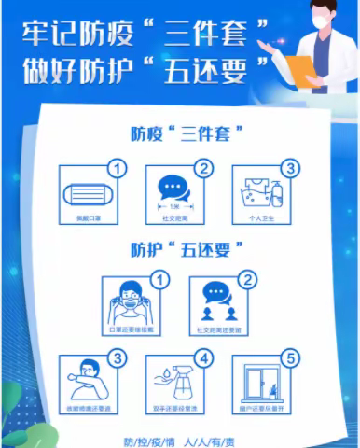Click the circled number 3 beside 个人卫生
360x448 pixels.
[x=290, y=169]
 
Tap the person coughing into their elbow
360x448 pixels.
[x=90, y=380]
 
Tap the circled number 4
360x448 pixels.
[x=204, y=357]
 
